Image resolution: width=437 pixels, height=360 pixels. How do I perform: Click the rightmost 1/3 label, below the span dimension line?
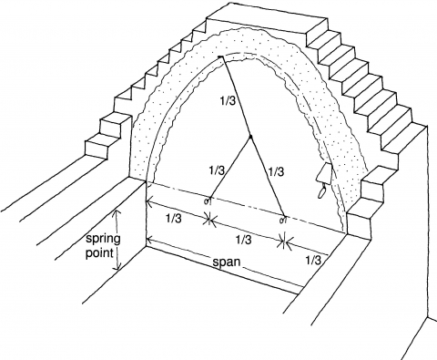(x=313, y=260)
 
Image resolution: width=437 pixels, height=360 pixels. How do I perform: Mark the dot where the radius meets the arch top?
(x=219, y=59)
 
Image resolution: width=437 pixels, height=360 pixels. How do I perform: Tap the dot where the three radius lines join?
(x=250, y=139)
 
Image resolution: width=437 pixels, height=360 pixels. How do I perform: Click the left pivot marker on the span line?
(x=208, y=200)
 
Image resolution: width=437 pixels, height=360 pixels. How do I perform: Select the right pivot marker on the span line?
(x=284, y=219)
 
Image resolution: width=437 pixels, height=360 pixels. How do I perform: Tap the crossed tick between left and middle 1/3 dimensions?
(x=210, y=219)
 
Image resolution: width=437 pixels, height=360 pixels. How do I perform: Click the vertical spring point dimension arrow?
(x=115, y=238)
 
